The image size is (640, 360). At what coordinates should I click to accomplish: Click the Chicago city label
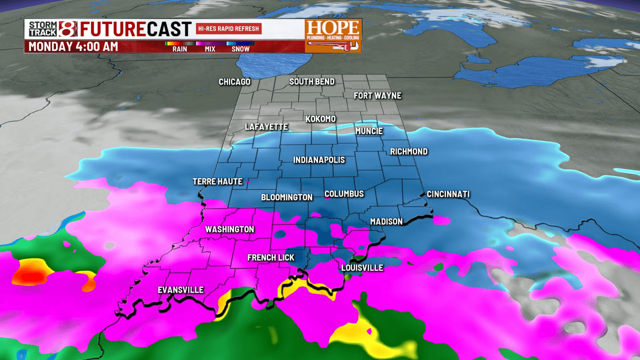point(234,82)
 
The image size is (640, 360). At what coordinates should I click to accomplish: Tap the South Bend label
point(312,81)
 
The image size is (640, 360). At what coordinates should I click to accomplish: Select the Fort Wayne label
point(377,95)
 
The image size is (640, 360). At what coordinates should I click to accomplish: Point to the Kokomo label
point(320,119)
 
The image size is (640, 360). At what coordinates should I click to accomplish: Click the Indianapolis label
point(319,160)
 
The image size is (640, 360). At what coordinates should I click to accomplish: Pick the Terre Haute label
point(217,181)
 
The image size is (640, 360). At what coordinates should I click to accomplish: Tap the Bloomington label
point(286,197)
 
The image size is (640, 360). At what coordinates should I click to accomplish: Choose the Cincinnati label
point(448,194)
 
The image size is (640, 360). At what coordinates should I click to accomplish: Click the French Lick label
point(271,257)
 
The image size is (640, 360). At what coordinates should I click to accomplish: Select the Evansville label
point(180,290)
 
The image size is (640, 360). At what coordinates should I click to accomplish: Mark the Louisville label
point(362,268)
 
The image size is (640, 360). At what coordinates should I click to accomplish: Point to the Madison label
point(386,221)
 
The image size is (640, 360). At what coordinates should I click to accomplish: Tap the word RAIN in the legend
point(180,49)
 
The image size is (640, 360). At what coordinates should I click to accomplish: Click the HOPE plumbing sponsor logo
point(333,35)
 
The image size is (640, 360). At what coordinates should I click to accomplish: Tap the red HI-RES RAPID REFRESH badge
point(229,28)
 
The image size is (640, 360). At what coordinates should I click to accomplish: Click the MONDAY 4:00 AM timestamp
point(73,47)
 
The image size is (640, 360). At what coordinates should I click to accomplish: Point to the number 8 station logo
point(68,29)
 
